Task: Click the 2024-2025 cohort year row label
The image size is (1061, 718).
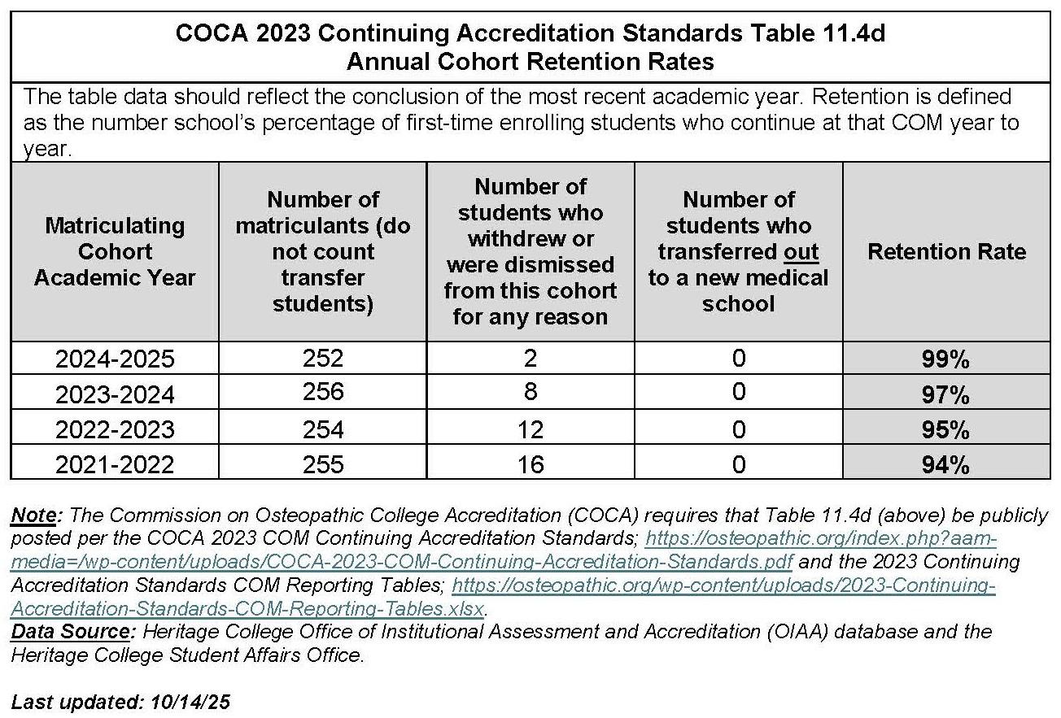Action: tap(115, 359)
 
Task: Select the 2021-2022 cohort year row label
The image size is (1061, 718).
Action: tap(115, 464)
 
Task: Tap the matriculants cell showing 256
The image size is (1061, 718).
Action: tap(323, 394)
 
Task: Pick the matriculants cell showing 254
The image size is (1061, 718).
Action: tap(323, 429)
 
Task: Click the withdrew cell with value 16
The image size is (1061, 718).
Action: tap(530, 464)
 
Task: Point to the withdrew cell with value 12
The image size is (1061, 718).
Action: tap(530, 429)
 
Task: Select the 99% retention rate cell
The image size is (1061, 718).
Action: tap(945, 359)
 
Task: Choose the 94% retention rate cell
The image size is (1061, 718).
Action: tap(945, 465)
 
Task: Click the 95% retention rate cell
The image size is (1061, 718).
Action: tap(945, 429)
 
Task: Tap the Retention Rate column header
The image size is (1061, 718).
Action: tap(946, 251)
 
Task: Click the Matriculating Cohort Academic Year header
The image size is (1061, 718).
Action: tap(115, 251)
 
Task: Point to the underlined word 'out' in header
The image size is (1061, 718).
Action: tap(801, 252)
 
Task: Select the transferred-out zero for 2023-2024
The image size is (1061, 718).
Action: tap(738, 394)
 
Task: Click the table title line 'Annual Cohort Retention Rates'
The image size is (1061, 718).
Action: tap(530, 61)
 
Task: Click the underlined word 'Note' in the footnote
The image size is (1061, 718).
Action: tap(35, 515)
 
